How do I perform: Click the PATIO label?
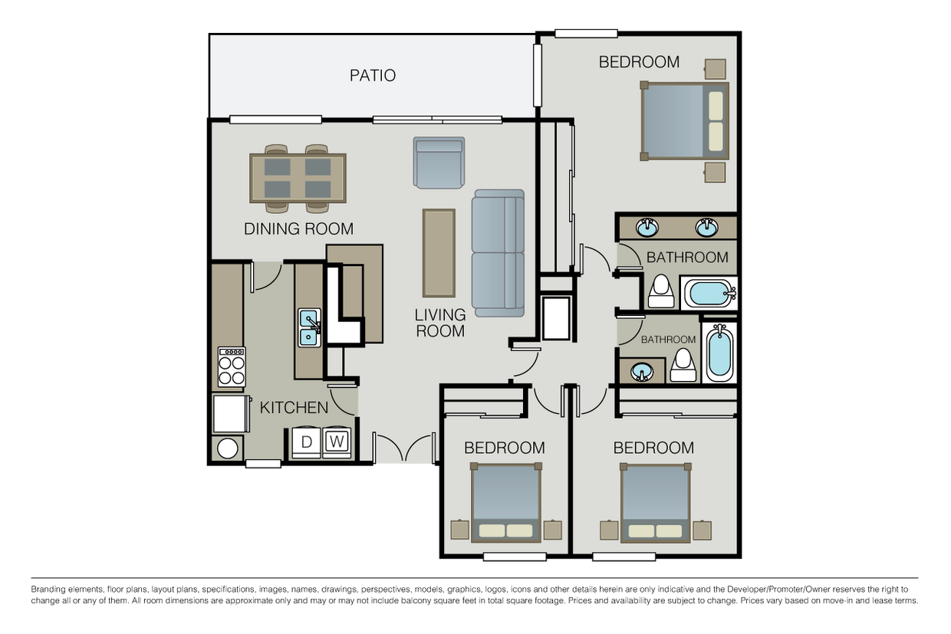tap(373, 75)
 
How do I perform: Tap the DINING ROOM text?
tap(298, 228)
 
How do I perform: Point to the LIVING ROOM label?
tap(440, 323)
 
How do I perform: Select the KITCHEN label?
tap(294, 407)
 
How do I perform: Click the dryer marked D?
tap(306, 442)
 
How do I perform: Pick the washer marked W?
tap(337, 442)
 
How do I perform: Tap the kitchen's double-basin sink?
tap(310, 327)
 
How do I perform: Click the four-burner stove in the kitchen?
tap(232, 366)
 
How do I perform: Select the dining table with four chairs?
tap(298, 178)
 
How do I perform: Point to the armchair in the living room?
tap(439, 163)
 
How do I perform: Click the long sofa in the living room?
tap(499, 252)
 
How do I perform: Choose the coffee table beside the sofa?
tap(439, 252)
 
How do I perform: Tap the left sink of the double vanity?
tap(649, 227)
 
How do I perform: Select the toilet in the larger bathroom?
tap(660, 291)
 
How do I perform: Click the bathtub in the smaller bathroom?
tap(719, 353)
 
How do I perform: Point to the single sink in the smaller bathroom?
tap(643, 372)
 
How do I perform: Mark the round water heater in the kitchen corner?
tap(228, 448)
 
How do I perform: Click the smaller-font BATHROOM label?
tap(668, 340)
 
